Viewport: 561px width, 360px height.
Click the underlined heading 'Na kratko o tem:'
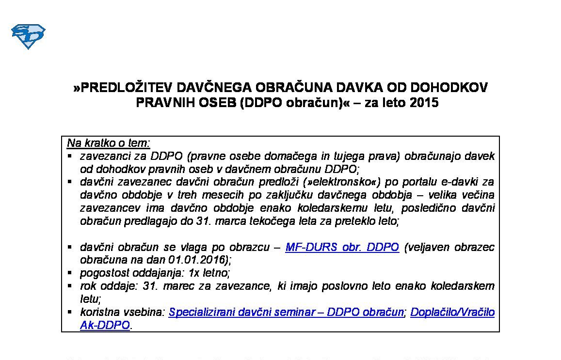109,143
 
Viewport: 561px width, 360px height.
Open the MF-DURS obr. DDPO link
342,247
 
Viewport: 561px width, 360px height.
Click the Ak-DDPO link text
105,325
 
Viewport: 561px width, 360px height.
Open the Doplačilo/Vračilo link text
452,312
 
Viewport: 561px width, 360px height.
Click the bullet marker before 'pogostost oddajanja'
70,272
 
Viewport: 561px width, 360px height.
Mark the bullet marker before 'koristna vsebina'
70,312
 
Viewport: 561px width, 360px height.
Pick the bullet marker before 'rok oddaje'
70,285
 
